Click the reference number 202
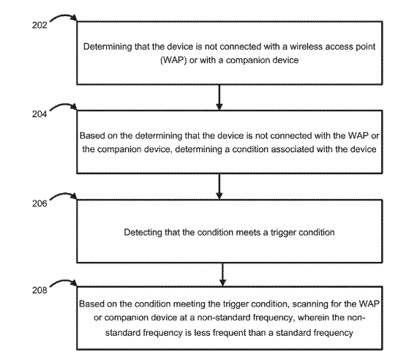click(x=40, y=25)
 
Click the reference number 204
click(x=40, y=114)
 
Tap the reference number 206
click(x=40, y=203)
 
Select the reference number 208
click(x=40, y=290)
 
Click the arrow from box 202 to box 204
click(x=219, y=97)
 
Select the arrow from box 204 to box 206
click(x=219, y=187)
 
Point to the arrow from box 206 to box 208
click(x=222, y=274)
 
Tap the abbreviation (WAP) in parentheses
click(x=173, y=60)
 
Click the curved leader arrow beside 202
click(x=64, y=18)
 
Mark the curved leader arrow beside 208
click(x=64, y=283)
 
